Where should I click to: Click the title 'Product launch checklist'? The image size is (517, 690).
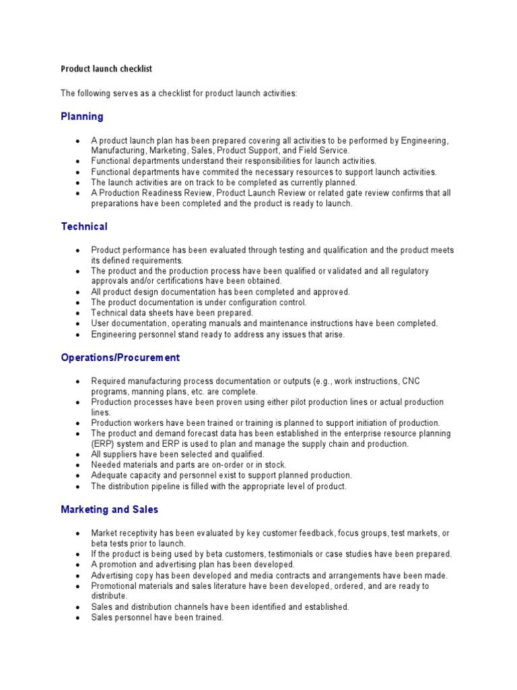click(111, 69)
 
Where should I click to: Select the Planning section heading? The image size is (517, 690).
click(82, 117)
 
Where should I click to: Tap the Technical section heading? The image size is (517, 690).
click(84, 226)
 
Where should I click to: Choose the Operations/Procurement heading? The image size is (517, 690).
click(120, 358)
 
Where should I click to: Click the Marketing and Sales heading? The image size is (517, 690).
click(110, 510)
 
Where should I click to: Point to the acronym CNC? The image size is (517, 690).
click(411, 381)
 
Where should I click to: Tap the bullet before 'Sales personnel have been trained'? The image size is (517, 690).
click(77, 618)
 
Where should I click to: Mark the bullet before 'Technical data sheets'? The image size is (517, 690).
click(77, 313)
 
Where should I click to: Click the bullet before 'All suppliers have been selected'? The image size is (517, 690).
click(77, 455)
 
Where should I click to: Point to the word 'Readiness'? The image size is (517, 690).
click(161, 193)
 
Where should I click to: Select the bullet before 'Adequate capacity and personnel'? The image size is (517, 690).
click(77, 476)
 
